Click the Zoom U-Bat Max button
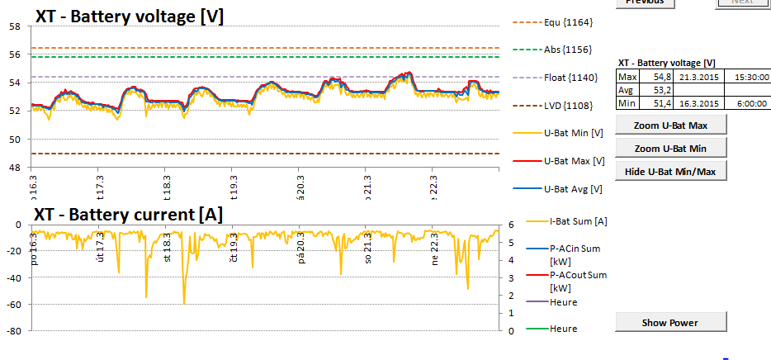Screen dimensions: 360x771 [670, 126]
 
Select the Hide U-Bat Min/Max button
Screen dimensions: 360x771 [670, 171]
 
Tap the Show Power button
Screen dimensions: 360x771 [670, 322]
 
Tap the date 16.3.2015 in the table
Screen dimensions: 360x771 [698, 102]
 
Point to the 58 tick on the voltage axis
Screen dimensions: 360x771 [15, 26]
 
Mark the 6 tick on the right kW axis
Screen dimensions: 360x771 [512, 225]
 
